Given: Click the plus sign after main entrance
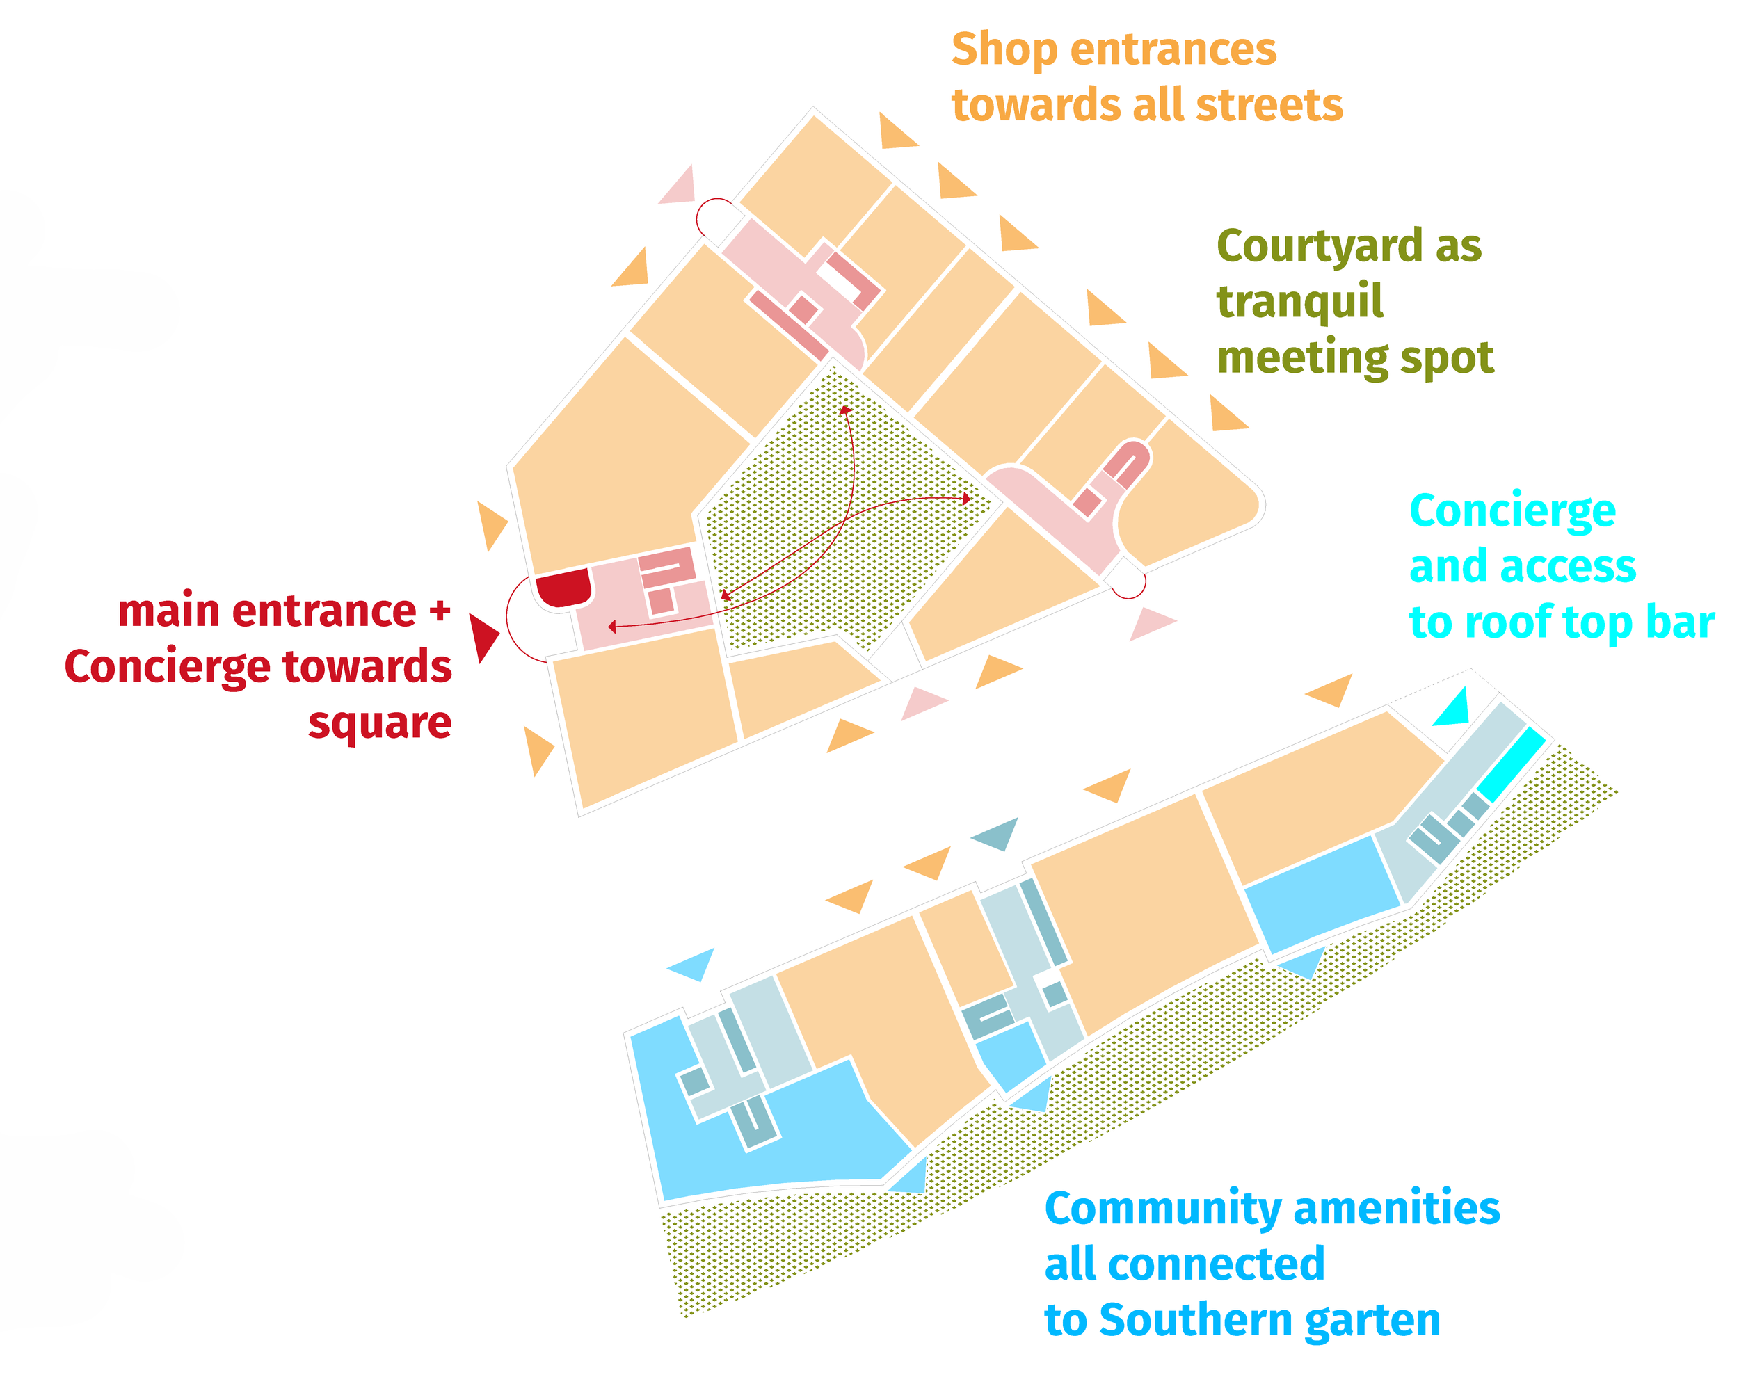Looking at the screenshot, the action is pyautogui.click(x=440, y=611).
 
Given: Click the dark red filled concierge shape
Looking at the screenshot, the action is pyautogui.click(x=563, y=587).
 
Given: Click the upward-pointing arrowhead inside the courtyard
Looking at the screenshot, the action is pyautogui.click(x=845, y=410).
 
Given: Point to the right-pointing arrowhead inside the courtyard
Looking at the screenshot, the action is pyautogui.click(x=967, y=499).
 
